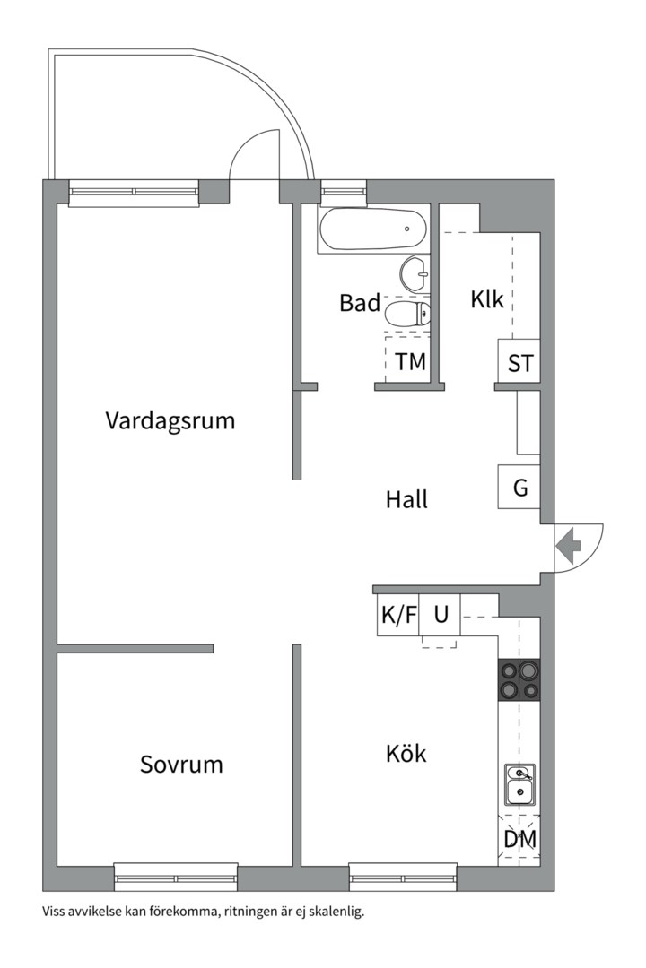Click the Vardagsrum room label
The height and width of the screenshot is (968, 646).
[170, 421]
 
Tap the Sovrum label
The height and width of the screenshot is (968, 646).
[181, 765]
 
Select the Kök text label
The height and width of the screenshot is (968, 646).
[406, 753]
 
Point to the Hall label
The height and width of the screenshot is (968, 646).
[406, 499]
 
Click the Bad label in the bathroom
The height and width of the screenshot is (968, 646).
[360, 303]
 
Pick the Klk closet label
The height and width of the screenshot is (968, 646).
[487, 300]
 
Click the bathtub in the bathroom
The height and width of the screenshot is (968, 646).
[372, 229]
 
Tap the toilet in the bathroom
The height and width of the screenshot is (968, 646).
[406, 314]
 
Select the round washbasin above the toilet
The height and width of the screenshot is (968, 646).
[415, 273]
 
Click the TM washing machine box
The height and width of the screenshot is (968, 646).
[407, 360]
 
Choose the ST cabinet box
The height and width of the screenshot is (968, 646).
[519, 361]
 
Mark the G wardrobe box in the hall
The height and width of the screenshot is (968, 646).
[519, 487]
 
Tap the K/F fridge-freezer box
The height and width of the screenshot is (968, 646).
[398, 615]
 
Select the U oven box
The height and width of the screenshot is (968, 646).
[440, 615]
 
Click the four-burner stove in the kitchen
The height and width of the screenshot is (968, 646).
[519, 679]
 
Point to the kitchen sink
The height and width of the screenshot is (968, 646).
[519, 784]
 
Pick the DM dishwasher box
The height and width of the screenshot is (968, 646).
[519, 840]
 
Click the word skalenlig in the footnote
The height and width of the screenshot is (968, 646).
[341, 912]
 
